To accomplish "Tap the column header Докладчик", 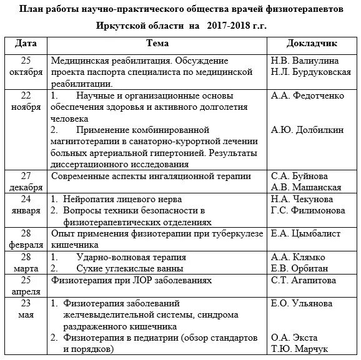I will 312,44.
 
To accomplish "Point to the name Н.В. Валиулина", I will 305,61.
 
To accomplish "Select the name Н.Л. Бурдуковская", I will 311,72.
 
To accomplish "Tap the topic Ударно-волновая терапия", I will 131,257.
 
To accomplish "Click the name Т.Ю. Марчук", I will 300,349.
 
